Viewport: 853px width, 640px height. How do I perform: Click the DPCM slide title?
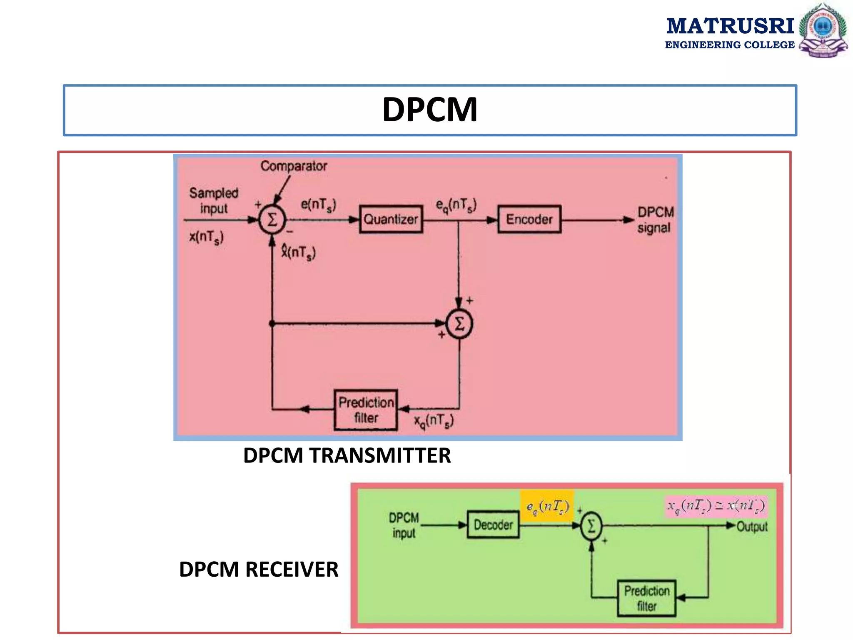[x=429, y=110]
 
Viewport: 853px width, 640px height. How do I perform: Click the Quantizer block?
[x=391, y=219]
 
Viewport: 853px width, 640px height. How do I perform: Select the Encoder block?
[x=529, y=219]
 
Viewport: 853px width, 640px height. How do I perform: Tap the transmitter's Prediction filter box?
[x=366, y=410]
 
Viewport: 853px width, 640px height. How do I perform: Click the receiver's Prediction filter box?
[x=646, y=598]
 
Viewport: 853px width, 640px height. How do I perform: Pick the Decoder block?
[x=493, y=525]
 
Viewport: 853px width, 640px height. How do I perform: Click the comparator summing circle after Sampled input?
[x=272, y=220]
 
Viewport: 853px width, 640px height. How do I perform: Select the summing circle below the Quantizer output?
[x=459, y=324]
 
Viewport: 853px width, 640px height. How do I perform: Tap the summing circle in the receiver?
[x=591, y=526]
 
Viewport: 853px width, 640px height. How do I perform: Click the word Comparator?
[x=294, y=166]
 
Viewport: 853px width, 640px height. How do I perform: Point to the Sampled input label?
[x=214, y=200]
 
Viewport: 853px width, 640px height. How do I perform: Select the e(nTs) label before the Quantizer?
[x=318, y=205]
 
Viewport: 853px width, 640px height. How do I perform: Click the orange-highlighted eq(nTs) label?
[x=547, y=506]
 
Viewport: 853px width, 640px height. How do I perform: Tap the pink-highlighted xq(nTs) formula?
[x=716, y=506]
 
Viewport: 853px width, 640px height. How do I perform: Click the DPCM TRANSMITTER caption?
[x=347, y=455]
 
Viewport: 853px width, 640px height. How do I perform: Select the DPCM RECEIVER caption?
[x=259, y=570]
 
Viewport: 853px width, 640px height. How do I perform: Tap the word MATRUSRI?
[x=730, y=26]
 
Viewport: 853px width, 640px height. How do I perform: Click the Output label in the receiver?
[x=752, y=527]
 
